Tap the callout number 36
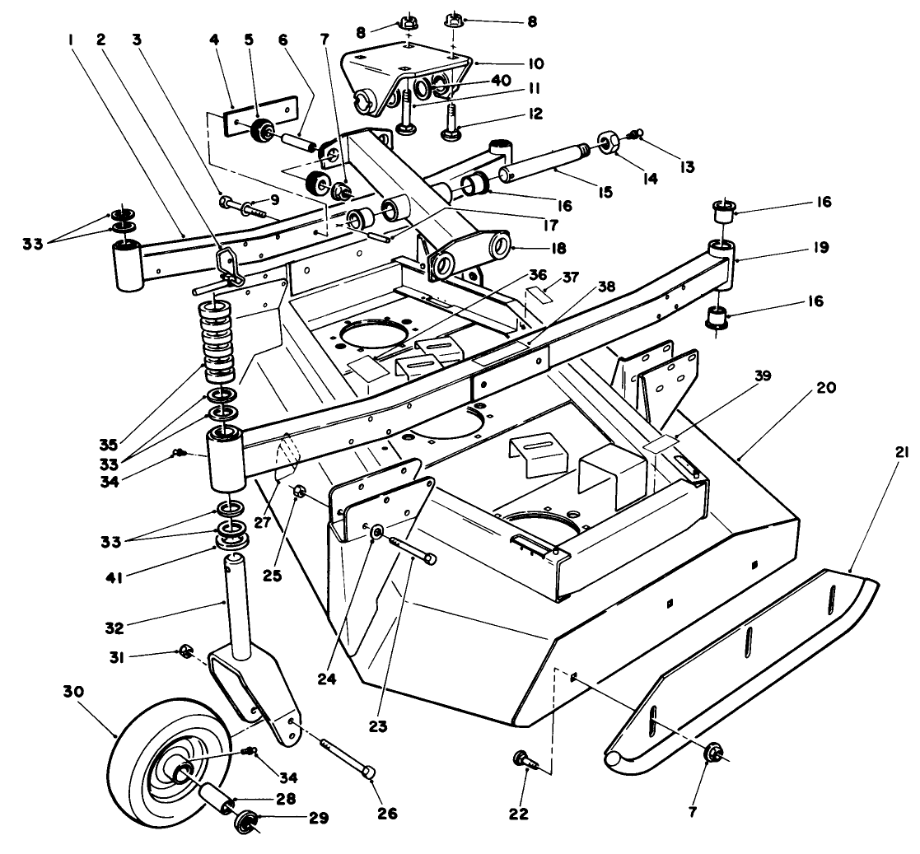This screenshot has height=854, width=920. [x=537, y=275]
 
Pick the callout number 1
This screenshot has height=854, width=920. [x=72, y=38]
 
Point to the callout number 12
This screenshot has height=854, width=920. [x=536, y=114]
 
